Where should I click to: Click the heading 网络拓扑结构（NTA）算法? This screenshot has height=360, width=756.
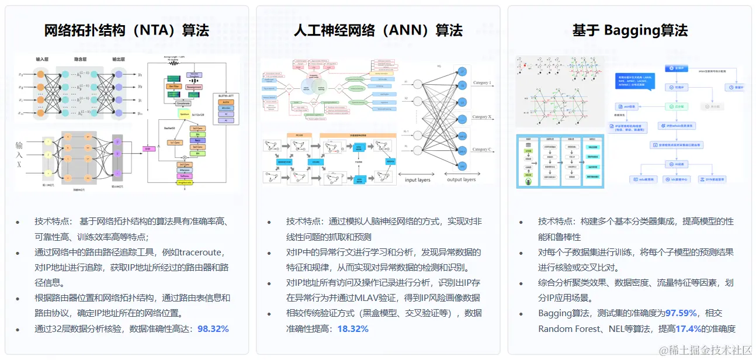click(127, 30)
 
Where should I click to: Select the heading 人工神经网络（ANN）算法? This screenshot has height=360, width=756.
click(378, 30)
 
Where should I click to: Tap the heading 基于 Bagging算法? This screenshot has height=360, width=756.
click(629, 30)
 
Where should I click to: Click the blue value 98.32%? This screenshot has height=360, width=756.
click(213, 328)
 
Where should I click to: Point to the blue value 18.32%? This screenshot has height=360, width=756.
click(353, 328)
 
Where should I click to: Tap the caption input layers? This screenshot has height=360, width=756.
click(417, 180)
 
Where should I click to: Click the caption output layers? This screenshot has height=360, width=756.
click(462, 180)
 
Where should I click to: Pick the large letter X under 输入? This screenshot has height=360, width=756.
click(19, 165)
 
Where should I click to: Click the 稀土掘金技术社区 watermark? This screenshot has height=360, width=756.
click(705, 349)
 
